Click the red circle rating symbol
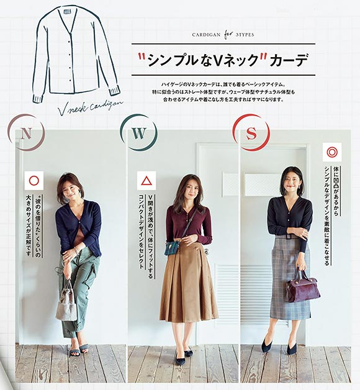coord(34,181)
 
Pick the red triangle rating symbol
coord(146,181)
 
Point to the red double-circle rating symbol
coord(332,152)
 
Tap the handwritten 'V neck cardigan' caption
coord(91,107)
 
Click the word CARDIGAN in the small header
coord(206,35)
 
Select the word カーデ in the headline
coord(289,60)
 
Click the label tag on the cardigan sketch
coord(67,12)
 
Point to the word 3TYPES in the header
coord(245,35)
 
